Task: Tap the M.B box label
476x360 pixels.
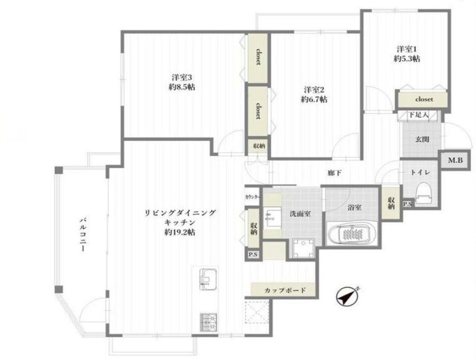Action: pyautogui.click(x=456, y=160)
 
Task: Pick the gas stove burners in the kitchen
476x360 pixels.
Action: pyautogui.click(x=208, y=322)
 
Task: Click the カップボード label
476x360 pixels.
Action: pyautogui.click(x=285, y=290)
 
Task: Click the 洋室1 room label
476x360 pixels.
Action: pyautogui.click(x=407, y=48)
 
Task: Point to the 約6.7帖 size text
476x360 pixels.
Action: pyautogui.click(x=314, y=99)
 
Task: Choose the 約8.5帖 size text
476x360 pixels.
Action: pyautogui.click(x=182, y=87)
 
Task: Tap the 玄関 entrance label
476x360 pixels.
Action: pyautogui.click(x=422, y=140)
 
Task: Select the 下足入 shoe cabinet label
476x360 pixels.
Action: pyautogui.click(x=419, y=115)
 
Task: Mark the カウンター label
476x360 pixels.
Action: pyautogui.click(x=253, y=197)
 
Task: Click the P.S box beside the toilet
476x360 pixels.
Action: pyautogui.click(x=407, y=204)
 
